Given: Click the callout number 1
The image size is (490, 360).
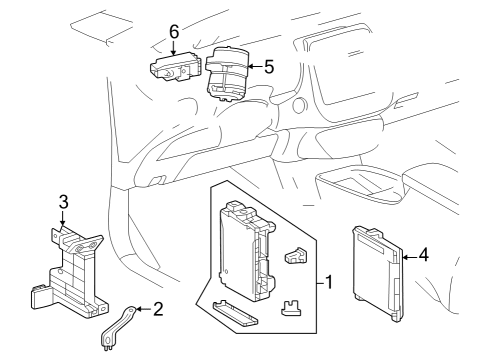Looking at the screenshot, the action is click(329, 283).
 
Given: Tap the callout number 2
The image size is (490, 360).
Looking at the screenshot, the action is click(158, 309).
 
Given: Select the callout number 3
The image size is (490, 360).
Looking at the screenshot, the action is click(63, 202).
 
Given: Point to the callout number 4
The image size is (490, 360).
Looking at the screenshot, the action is click(424, 255).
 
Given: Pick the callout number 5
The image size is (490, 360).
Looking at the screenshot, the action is click(269, 67).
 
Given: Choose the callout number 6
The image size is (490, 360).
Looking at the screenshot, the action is click(174, 32).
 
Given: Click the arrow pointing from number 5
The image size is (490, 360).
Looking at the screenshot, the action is click(255, 67).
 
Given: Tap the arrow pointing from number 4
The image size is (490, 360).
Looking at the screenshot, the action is click(410, 257).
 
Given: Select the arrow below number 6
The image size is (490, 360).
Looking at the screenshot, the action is click(173, 47).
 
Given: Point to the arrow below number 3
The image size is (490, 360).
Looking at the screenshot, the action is click(62, 219).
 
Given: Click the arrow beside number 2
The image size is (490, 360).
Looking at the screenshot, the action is click(144, 309).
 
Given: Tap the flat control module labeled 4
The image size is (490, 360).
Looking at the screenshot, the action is click(378, 274).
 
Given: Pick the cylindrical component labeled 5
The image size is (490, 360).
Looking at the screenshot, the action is click(227, 73).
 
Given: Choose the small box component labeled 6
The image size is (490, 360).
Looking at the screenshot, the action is click(176, 67).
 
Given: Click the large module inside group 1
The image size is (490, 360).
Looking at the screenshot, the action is click(246, 251).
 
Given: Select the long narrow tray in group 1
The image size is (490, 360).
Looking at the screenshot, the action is click(235, 313).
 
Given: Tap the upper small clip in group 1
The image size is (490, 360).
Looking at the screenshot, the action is click(296, 256).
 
